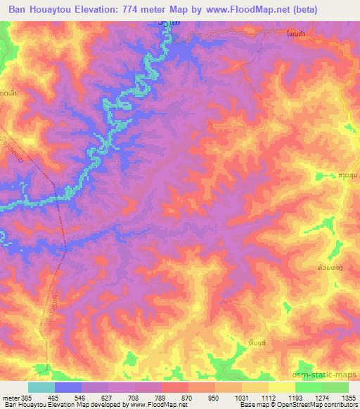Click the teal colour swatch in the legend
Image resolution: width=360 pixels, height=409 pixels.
41,387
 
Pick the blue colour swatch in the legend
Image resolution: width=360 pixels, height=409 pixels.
67,387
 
